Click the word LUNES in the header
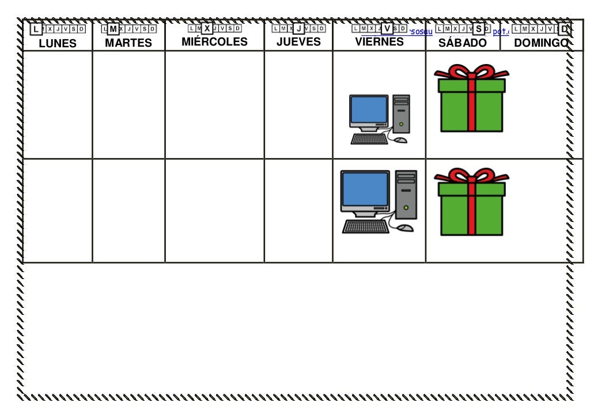58,43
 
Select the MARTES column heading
128,43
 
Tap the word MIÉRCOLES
214,42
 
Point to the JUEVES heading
298,42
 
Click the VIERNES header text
379,42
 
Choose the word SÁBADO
463,43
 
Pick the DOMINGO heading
540,43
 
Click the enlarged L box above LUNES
36,29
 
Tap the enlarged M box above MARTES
114,29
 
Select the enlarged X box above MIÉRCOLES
207,28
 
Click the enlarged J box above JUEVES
298,28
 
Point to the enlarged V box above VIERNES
387,28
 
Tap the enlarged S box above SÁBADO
478,28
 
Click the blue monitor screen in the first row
369,109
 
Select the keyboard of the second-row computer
365,227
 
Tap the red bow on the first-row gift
471,73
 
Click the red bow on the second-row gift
471,176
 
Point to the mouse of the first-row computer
401,140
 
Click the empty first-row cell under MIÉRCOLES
214,104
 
